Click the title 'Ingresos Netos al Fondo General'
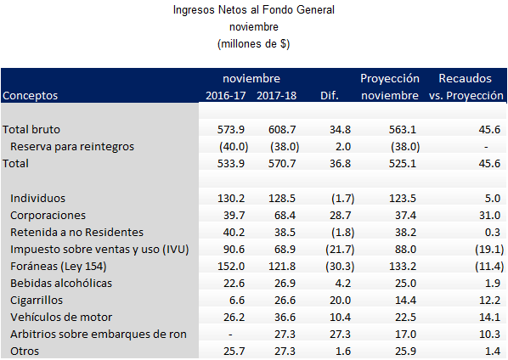tap(254, 9)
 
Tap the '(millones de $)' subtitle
tap(254, 43)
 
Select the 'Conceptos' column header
tap(30, 95)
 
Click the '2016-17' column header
tap(226, 95)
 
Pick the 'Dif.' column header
tap(330, 95)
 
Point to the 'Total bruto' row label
tap(31, 130)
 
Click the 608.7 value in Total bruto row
tap(282, 130)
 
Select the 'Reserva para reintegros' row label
tap(72, 146)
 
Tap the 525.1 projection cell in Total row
tap(403, 164)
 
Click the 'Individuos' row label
tap(37, 198)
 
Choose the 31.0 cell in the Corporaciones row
tap(489, 216)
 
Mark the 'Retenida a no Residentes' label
tap(76, 232)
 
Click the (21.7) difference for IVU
tap(340, 250)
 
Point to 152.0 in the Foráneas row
tap(231, 266)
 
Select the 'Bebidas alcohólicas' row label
tap(61, 284)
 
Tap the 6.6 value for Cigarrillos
tap(237, 300)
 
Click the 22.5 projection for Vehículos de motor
tap(405, 318)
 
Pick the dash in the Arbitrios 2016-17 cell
tap(230, 335)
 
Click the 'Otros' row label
tap(25, 352)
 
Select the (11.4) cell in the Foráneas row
tap(489, 266)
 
